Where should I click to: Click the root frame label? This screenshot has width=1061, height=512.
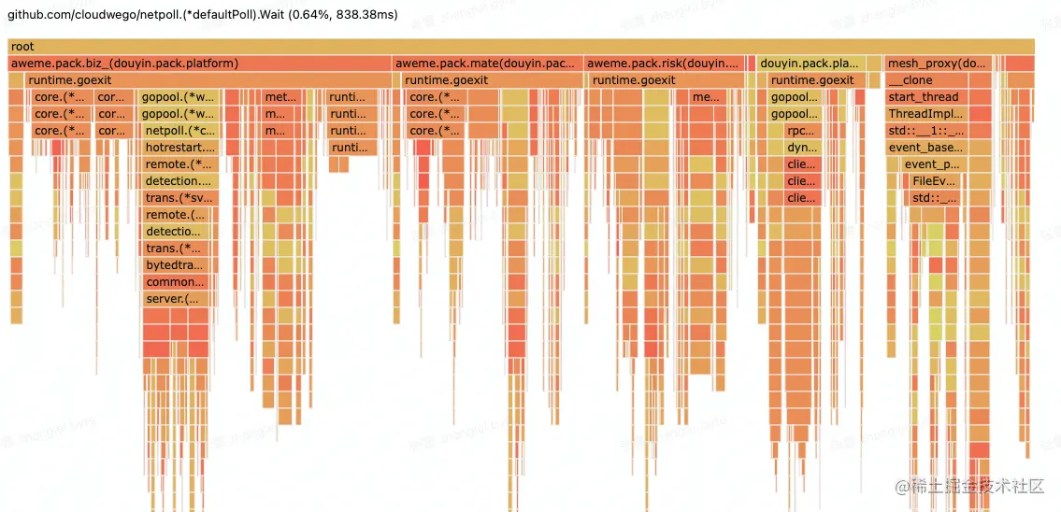(x=22, y=47)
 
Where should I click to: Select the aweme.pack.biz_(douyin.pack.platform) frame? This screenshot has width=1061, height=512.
(x=124, y=64)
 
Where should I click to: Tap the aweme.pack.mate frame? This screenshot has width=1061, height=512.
(x=486, y=64)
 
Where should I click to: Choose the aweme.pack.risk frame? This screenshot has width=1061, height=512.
(x=664, y=64)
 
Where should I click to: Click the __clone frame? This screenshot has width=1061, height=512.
(x=910, y=80)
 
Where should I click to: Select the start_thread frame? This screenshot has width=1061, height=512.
(x=924, y=97)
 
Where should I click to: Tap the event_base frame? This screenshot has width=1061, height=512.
(x=925, y=148)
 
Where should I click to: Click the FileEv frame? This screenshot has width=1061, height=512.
(x=935, y=181)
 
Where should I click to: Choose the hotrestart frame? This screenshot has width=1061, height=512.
(x=179, y=148)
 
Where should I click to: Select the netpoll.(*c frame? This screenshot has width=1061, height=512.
(x=179, y=131)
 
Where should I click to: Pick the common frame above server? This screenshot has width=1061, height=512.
(x=175, y=282)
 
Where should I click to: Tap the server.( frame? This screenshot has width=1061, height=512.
(x=172, y=299)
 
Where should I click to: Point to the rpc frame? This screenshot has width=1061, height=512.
(x=801, y=131)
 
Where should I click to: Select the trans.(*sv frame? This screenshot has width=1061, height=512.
(x=179, y=198)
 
